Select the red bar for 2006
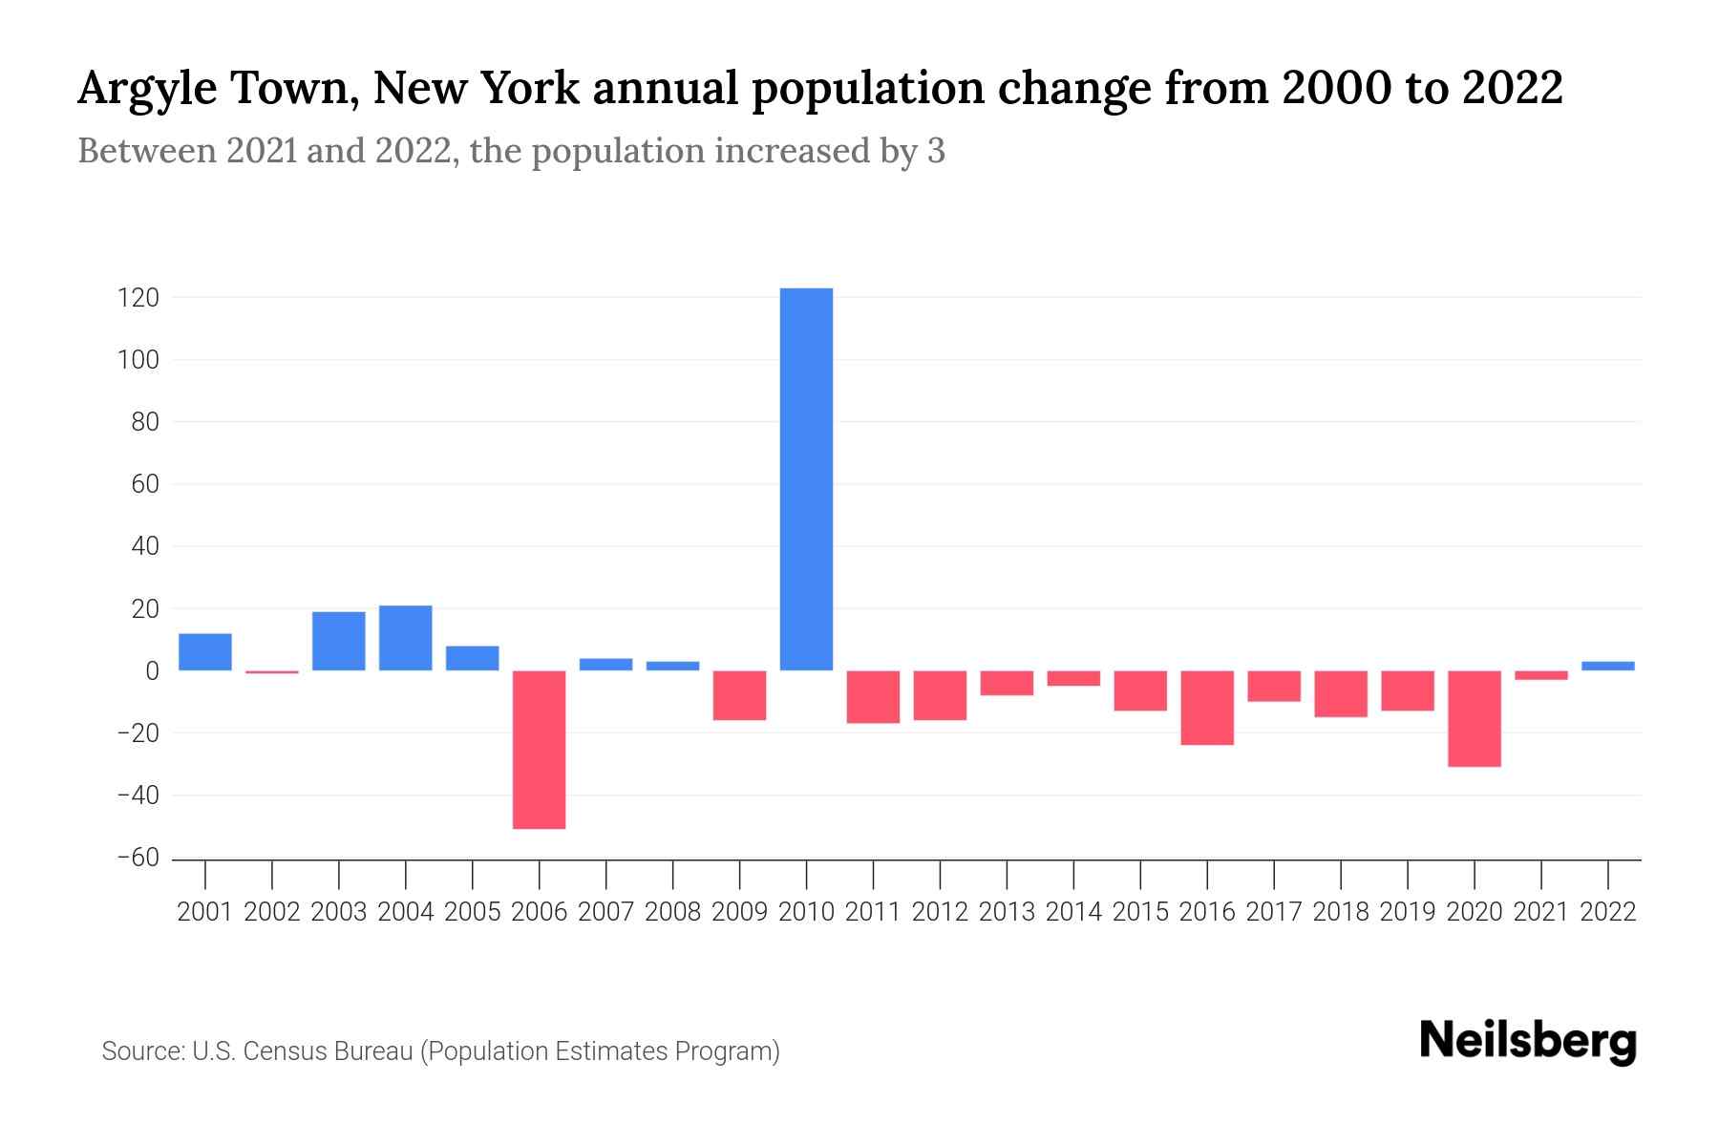539,749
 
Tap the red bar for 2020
1474,718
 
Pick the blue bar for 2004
405,638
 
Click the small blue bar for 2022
1607,666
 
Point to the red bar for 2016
1207,708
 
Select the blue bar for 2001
205,651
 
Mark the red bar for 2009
739,695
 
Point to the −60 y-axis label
138,858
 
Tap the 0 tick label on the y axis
151,671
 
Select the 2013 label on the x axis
1007,912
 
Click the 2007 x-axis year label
605,912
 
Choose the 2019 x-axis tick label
1407,912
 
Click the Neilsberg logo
1527,1041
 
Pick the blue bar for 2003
338,641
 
